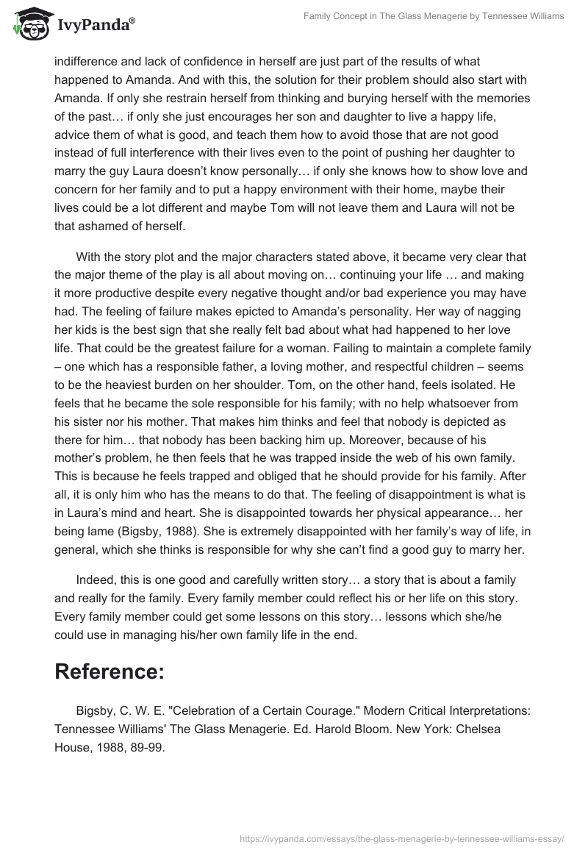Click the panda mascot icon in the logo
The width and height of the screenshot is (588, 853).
coord(27,24)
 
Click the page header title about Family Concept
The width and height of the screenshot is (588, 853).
coord(434,16)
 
